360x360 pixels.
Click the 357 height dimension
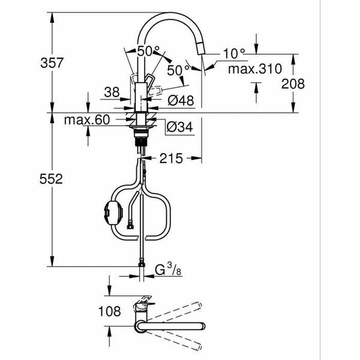pyautogui.click(x=25, y=62)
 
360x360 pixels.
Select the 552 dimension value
pyautogui.click(x=25, y=179)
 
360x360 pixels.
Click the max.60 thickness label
pyautogui.click(x=87, y=120)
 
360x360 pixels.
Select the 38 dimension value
pyautogui.click(x=112, y=93)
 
